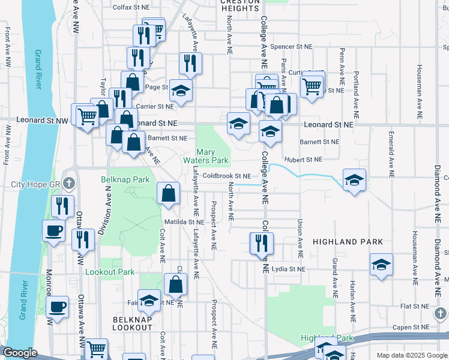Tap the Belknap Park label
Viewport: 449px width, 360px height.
[124, 179]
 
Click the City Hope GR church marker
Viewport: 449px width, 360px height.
[70, 183]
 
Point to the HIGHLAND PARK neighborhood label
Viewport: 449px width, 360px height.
[348, 241]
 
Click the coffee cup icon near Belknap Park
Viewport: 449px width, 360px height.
[54, 230]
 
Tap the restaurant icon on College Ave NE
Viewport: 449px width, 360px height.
[261, 243]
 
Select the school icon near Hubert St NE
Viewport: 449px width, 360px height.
[354, 179]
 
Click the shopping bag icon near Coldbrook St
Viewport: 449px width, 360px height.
[169, 193]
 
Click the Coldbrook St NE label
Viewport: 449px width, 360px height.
[226, 176]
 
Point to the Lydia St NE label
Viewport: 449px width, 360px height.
[288, 269]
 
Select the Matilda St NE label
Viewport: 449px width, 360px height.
[184, 222]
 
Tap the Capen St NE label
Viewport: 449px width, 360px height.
[411, 327]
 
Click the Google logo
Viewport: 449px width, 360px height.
[20, 353]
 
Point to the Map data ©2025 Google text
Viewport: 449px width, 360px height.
[412, 355]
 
